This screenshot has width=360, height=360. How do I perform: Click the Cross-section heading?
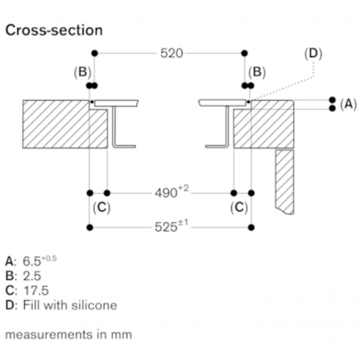tap(54, 31)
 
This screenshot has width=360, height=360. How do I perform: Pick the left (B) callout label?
tap(82, 72)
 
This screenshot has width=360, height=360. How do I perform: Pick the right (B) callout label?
tap(257, 72)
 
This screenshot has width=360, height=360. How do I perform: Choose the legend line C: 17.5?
tap(27, 290)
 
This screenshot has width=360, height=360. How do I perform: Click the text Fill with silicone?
tap(70, 305)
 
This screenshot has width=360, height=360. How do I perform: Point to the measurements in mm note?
tap(69, 334)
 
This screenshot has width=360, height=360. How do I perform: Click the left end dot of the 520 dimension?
tap(95, 53)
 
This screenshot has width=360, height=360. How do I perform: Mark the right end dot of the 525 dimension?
tap(252, 227)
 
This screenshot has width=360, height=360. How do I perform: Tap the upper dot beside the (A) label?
tap(332, 100)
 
